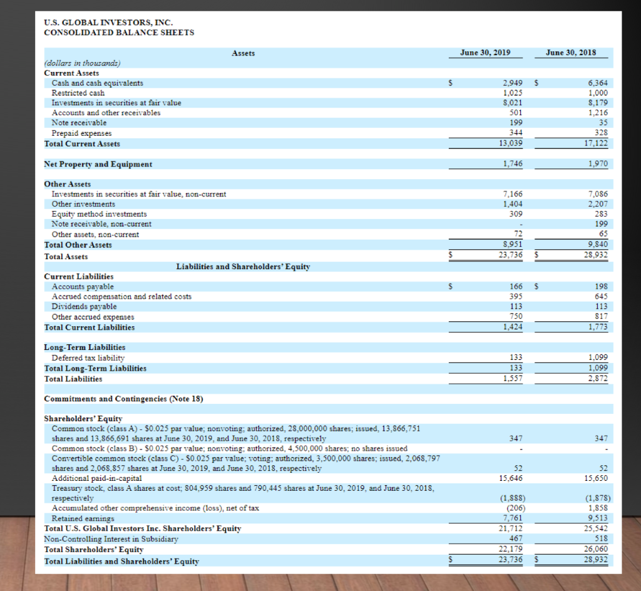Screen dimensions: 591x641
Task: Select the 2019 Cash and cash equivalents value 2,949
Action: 513,83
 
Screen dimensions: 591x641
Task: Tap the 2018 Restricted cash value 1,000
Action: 598,93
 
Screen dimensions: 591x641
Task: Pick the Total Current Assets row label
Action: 82,143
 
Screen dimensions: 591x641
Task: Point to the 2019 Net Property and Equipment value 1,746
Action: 513,164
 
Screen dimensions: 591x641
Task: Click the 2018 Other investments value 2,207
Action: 598,204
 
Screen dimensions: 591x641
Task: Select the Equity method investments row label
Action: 99,214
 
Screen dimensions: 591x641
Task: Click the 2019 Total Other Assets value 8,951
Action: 513,245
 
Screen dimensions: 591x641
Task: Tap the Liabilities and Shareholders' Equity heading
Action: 243,267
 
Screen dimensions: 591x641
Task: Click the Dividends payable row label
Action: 84,307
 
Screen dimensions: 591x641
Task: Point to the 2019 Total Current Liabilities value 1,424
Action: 513,327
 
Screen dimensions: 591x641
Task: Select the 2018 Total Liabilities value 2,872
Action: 598,379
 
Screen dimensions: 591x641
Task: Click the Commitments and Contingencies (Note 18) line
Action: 123,399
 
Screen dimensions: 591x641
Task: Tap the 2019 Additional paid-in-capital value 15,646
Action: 511,478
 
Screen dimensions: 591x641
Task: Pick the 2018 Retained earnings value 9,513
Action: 598,518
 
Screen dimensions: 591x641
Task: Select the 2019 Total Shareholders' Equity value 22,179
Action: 511,549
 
